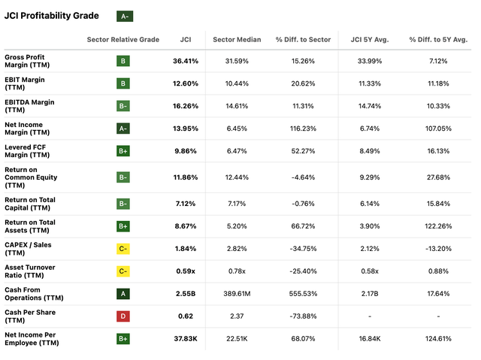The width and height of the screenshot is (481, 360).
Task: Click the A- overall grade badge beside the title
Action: [125, 16]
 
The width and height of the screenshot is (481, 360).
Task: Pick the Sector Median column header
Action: [236, 40]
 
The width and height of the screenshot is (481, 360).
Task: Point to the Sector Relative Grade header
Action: [123, 40]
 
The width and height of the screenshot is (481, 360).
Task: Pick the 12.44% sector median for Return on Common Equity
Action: [237, 177]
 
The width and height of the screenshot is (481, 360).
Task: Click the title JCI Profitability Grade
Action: [53, 16]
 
